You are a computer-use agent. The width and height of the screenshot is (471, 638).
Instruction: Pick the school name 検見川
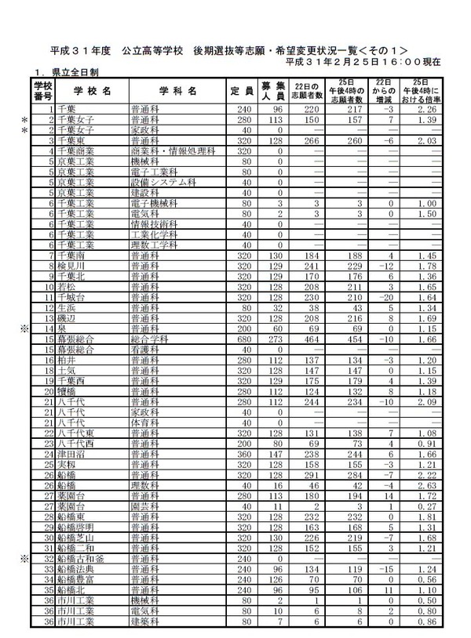[x=72, y=266]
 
